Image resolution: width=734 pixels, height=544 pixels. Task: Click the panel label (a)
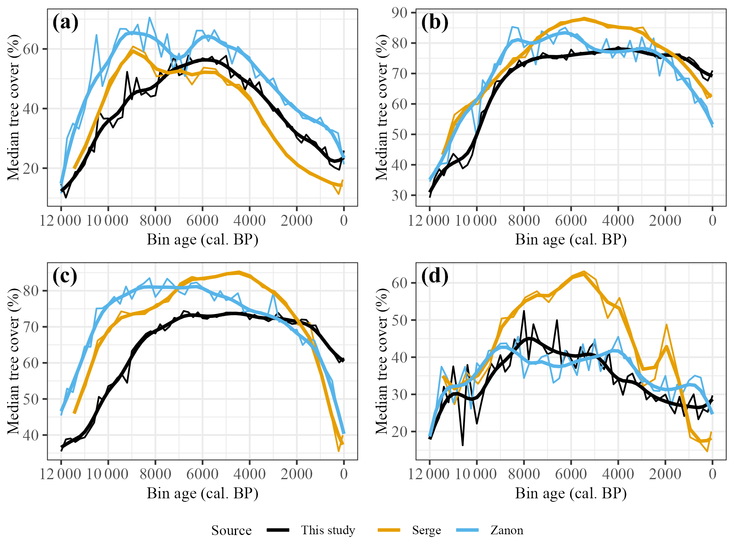coord(65,23)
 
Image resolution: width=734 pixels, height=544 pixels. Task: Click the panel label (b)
coord(434,23)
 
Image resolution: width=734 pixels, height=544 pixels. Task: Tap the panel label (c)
coord(65,276)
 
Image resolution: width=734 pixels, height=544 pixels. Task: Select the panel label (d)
coord(434,276)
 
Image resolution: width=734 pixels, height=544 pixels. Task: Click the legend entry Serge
coord(426,530)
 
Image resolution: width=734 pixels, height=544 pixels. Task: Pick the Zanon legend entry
coord(507,530)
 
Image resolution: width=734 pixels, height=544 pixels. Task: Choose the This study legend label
coord(328,530)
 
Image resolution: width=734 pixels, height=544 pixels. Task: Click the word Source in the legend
coord(231,530)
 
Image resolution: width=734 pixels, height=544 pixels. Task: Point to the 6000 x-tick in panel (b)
coord(571,221)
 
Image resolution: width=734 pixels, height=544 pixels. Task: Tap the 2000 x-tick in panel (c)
coord(297,474)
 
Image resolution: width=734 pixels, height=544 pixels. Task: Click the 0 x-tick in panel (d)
coord(713,474)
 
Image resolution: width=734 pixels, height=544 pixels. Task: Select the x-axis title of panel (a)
coord(203,239)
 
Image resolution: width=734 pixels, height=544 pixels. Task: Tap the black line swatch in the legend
coord(278,530)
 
